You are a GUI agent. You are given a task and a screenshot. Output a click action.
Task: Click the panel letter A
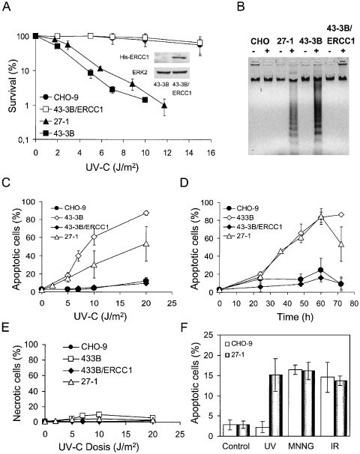pos(7,8)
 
